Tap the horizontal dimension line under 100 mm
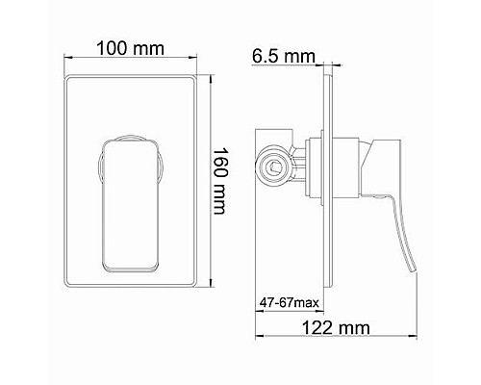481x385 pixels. (129, 62)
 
